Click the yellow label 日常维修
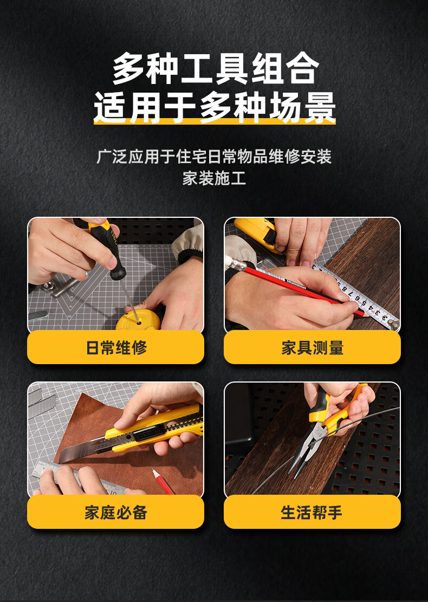115,347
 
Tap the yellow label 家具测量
312,347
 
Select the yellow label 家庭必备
115,512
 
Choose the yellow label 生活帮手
312,512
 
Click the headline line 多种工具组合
216,68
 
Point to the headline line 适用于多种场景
215,107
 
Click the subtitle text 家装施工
214,178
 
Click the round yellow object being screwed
138,321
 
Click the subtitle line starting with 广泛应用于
214,156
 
